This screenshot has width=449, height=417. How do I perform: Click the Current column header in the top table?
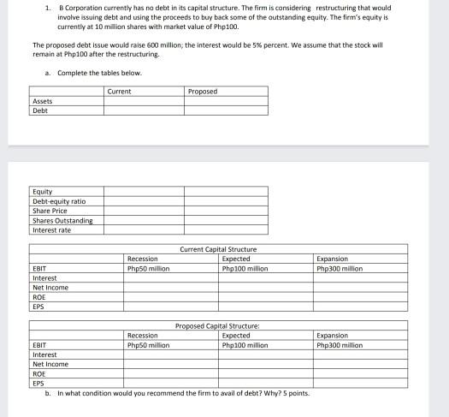120,91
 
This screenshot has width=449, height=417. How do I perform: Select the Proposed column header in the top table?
202,91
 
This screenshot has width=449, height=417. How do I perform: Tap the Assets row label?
43,101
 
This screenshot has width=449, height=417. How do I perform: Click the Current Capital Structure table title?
218,249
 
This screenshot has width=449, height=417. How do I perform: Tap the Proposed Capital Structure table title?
217,326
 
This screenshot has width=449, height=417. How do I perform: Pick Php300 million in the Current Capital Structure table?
340,268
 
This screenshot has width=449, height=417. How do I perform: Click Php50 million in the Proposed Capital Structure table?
148,345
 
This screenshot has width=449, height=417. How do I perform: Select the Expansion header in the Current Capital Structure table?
333,259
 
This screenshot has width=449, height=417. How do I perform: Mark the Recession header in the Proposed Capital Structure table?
142,336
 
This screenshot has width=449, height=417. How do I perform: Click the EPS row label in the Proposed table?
38,384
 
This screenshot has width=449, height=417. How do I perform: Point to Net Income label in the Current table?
50,288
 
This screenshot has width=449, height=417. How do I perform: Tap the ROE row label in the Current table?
39,297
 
